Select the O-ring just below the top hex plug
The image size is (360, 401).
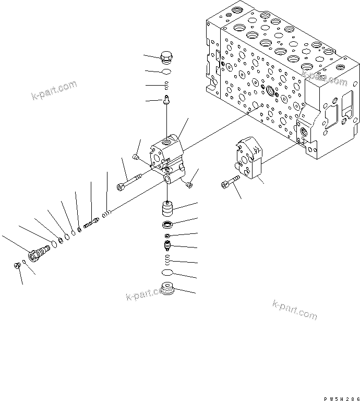[167, 72]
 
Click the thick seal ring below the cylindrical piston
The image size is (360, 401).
[167, 225]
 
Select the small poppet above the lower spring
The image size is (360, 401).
[167, 245]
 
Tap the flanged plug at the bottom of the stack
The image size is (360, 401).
[167, 288]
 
